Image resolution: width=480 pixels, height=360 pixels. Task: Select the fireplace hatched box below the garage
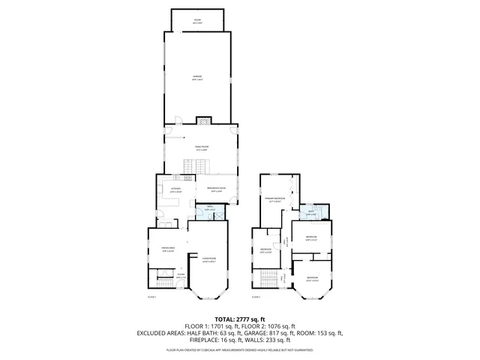(x=204, y=120)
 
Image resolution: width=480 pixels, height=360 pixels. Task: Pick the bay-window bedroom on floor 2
(x=312, y=280)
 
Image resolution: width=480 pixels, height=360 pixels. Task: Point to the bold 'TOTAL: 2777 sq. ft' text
(x=240, y=319)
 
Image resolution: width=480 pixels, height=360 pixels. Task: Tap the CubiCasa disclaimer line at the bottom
(x=240, y=349)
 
